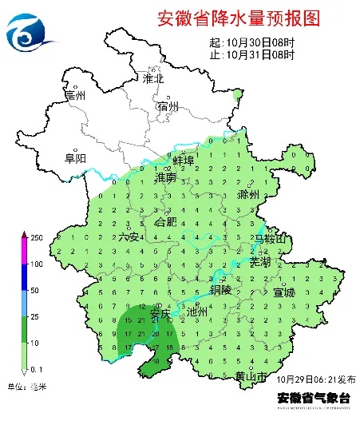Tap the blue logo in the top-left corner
[x=30, y=32]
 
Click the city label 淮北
[x=152, y=79]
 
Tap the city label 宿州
[x=168, y=106]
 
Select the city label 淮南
[x=166, y=177]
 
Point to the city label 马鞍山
[x=269, y=238]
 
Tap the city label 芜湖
[x=260, y=261]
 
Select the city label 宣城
[x=284, y=292]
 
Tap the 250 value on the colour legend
[x=36, y=237]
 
